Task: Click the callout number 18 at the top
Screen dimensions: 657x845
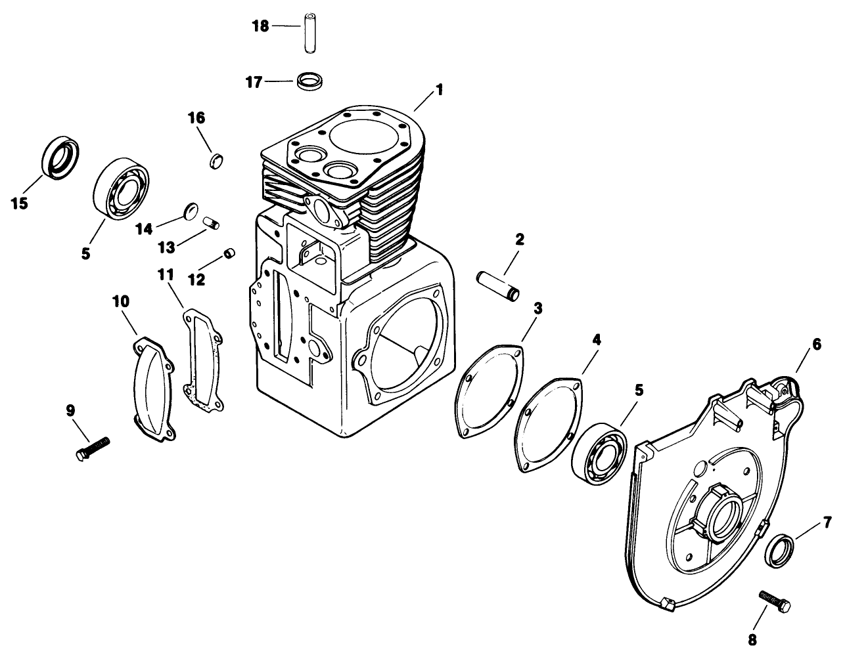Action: coord(261,26)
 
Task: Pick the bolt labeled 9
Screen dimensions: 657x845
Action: coord(93,450)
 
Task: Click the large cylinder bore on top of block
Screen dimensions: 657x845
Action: coord(361,139)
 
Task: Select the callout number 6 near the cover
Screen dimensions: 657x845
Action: coord(816,345)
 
